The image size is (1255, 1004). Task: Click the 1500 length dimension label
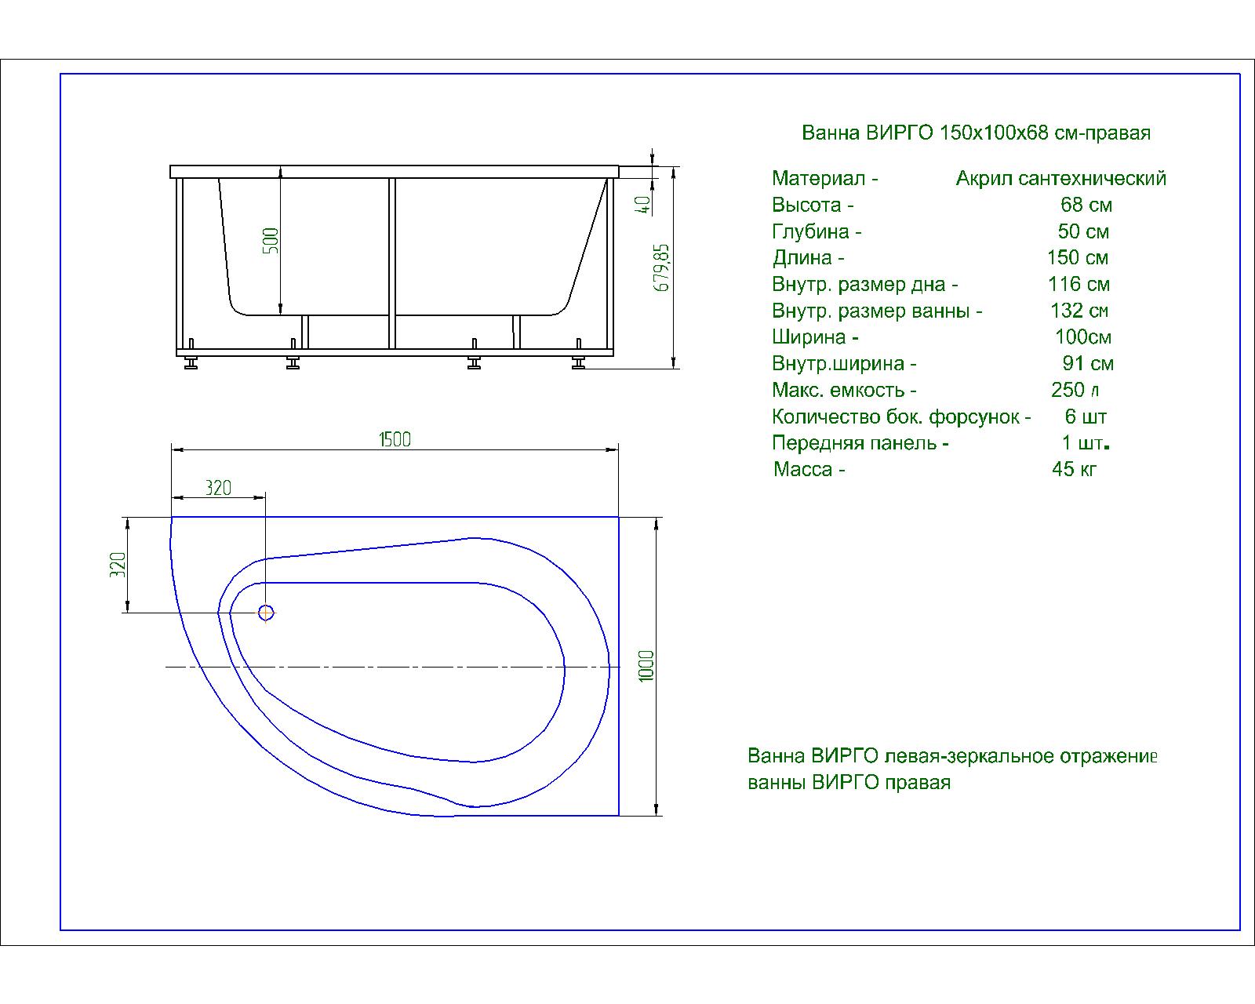395,439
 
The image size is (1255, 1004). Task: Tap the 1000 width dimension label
646,666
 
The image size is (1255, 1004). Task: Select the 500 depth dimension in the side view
271,240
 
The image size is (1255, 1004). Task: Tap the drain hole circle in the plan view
266,613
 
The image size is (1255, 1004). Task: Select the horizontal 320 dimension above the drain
218,488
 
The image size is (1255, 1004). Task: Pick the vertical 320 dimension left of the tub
118,565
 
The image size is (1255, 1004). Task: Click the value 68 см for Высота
1086,205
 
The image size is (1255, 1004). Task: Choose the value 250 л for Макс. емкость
1075,390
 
